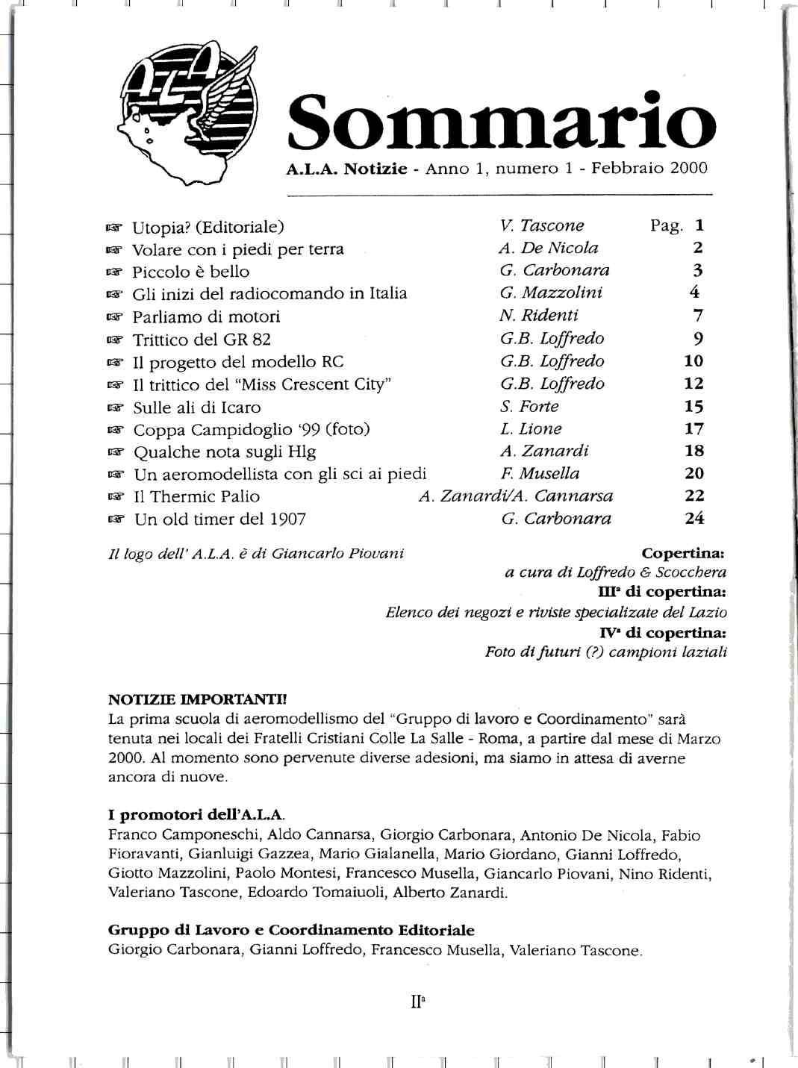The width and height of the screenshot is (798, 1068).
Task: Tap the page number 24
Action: (x=694, y=518)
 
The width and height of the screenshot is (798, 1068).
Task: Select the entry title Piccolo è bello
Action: (x=191, y=272)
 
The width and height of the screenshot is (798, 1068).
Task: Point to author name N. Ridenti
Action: (x=539, y=316)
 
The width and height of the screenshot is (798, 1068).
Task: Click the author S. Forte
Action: (x=529, y=407)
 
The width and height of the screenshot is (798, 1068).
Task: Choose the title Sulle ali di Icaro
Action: (x=197, y=407)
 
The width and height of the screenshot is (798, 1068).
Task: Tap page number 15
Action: (x=694, y=407)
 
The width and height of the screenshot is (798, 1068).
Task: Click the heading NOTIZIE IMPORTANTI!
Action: (x=197, y=700)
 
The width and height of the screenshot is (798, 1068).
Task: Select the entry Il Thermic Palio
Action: (x=197, y=497)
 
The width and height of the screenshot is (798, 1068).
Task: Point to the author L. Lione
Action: (x=531, y=429)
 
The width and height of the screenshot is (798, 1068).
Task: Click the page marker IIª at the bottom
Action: (x=417, y=1001)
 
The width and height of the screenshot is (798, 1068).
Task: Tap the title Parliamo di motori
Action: (x=206, y=316)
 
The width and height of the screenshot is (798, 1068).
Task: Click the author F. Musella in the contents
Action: (x=540, y=474)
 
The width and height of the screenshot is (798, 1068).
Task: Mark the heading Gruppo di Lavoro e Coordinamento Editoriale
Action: (x=291, y=931)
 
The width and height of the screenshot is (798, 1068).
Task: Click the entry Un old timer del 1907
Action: (x=220, y=519)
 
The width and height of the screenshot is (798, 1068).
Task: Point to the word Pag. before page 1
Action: (x=667, y=226)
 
